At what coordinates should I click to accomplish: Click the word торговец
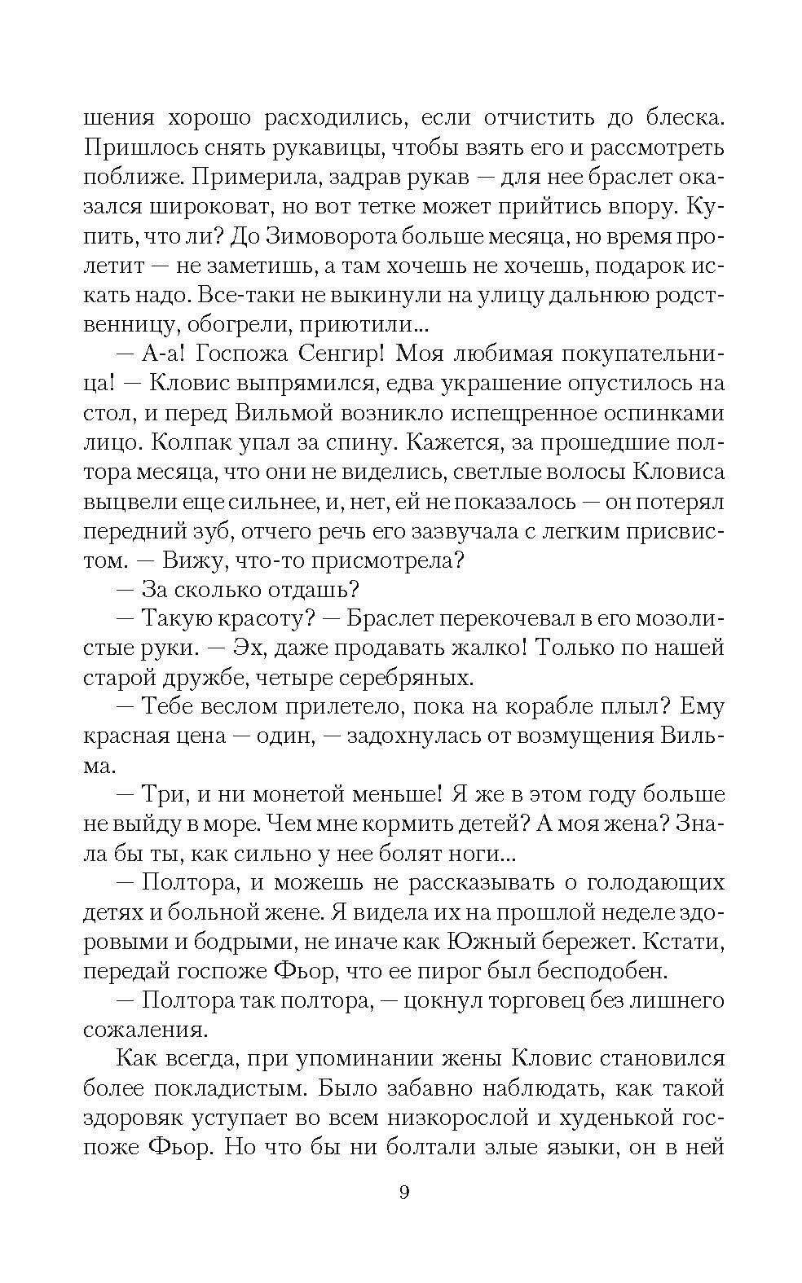pyautogui.click(x=515, y=1000)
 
